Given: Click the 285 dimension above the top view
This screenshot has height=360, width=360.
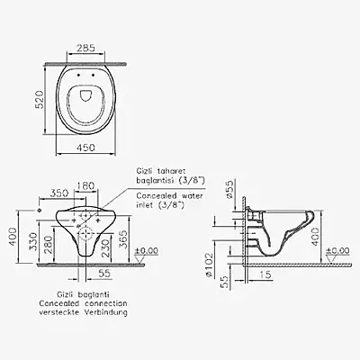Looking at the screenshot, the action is click(85, 48).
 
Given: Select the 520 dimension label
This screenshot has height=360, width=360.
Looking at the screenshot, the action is click(39, 99).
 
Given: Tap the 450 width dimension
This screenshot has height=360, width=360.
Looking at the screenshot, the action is click(85, 148).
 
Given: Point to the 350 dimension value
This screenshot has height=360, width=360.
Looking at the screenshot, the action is click(59, 193).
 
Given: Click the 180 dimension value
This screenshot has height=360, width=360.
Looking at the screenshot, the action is click(86, 186).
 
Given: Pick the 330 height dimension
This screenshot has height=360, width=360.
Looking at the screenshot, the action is click(34, 241).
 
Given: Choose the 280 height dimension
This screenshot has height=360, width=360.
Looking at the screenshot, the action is click(49, 245).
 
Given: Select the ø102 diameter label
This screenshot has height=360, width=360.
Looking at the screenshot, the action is click(209, 265).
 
